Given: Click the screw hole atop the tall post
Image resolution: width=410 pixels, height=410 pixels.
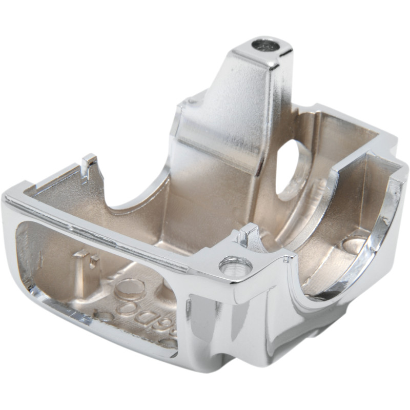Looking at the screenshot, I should tap(265, 46).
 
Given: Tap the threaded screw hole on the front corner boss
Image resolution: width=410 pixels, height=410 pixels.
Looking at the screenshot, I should tap(235, 266).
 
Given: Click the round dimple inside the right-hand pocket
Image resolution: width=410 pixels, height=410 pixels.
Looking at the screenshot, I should tap(354, 245).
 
